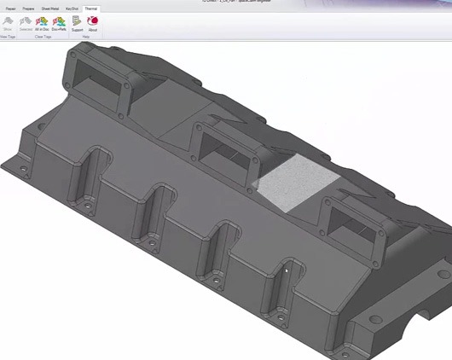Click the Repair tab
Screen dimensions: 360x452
point(10,8)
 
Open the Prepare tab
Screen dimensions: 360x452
point(28,8)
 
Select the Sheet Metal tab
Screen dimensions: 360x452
point(49,8)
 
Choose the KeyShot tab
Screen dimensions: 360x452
point(72,8)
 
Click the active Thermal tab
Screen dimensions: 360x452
point(90,8)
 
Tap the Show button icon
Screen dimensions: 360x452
point(8,22)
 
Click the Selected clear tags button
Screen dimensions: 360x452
point(26,22)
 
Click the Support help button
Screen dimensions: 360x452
point(77,22)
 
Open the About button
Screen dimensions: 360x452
point(92,22)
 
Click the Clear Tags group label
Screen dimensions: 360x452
point(43,37)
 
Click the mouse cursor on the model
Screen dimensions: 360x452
point(287,271)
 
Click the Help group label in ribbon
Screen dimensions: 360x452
point(85,37)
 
